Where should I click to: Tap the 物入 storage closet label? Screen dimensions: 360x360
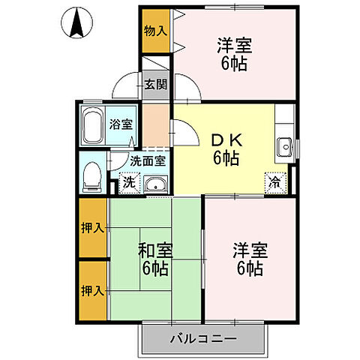point(155,31)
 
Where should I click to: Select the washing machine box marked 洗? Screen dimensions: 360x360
point(129,182)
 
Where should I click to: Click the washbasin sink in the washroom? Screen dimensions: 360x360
point(156,184)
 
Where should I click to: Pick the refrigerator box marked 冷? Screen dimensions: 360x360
point(276,181)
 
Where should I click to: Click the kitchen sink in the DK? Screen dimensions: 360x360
point(284,146)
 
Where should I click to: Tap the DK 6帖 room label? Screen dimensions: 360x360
point(225,148)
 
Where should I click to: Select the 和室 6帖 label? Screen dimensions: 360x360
point(156,256)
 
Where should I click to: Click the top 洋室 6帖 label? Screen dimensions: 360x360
point(234,53)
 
